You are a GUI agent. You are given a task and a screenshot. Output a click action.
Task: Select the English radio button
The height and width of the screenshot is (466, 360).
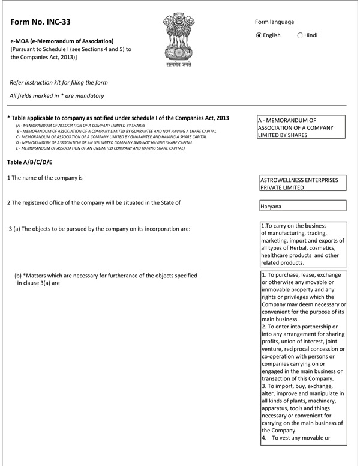(x=259, y=35)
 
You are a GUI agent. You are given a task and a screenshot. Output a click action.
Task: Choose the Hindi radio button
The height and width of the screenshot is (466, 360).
(x=300, y=35)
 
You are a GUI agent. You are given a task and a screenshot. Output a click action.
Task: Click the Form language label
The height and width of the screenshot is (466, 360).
(x=274, y=22)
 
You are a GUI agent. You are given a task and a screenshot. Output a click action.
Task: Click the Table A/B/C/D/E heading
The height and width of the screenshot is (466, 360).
(x=30, y=163)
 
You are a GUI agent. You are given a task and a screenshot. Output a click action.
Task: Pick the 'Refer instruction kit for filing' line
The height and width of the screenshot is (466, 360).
(x=59, y=82)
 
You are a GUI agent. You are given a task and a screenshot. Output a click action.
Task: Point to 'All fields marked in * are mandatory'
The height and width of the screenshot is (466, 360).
(x=57, y=96)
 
